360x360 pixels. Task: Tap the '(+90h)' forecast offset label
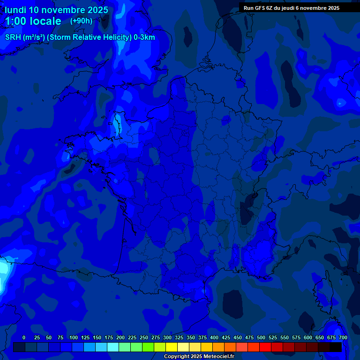[81, 21]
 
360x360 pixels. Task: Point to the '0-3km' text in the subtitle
[144, 37]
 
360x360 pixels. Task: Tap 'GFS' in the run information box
[260, 8]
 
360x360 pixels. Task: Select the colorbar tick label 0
[24, 337]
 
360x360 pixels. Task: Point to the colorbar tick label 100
[73, 337]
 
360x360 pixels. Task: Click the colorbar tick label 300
[167, 337]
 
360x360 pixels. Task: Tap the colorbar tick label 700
[343, 337]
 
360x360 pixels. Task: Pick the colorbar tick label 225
[132, 337]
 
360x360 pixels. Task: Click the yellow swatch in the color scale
[172, 347]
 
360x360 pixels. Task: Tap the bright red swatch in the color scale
[265, 347]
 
